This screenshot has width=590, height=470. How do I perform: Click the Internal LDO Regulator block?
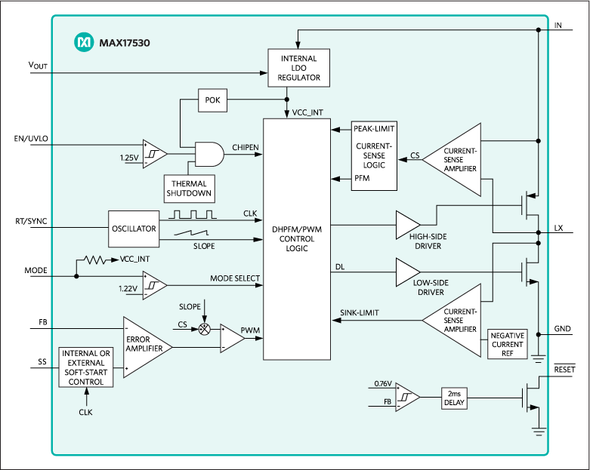pos(300,67)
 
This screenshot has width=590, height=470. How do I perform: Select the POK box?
pos(212,100)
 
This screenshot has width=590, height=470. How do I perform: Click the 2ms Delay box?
pos(456,398)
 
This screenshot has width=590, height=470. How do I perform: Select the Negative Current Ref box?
pos(508,344)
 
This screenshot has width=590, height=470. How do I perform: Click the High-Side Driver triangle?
pos(407,224)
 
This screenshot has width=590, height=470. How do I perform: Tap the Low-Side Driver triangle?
pos(407,272)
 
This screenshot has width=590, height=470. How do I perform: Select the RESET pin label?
pos(564,370)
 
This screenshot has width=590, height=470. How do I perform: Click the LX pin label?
pos(558,228)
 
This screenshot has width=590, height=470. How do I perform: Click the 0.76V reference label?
pos(384,384)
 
